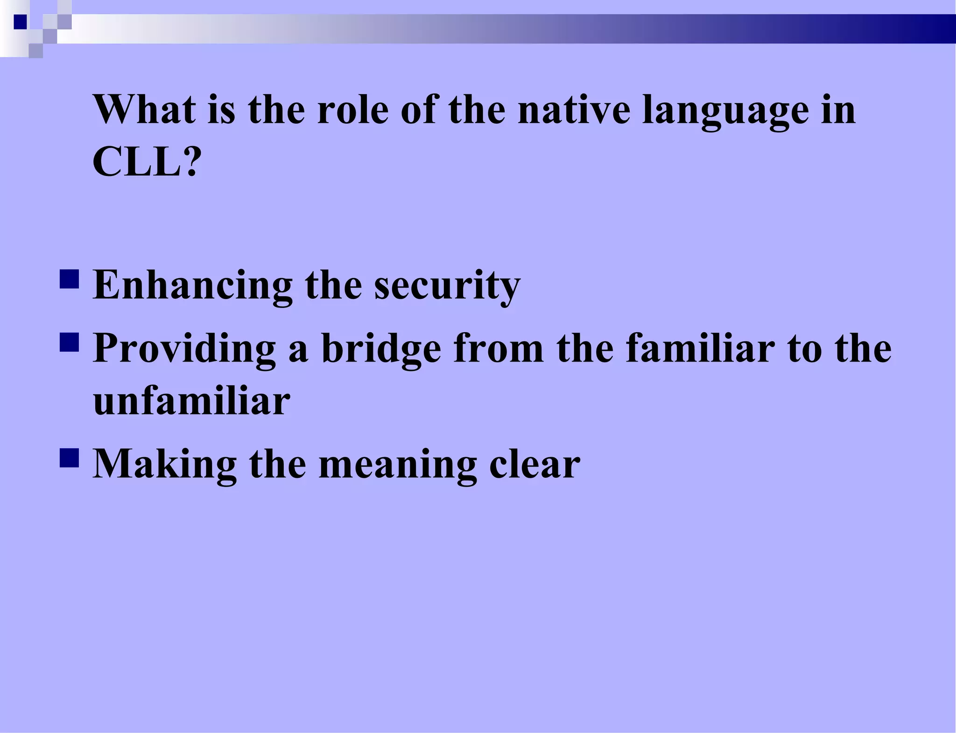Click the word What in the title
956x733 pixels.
pos(144,110)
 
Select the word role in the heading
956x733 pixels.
pos(352,110)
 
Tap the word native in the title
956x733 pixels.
pos(574,110)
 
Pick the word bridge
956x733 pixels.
pos(381,349)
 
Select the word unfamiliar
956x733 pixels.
pos(191,402)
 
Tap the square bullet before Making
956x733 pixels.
pos(69,458)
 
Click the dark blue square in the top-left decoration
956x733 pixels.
pos(20,22)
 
